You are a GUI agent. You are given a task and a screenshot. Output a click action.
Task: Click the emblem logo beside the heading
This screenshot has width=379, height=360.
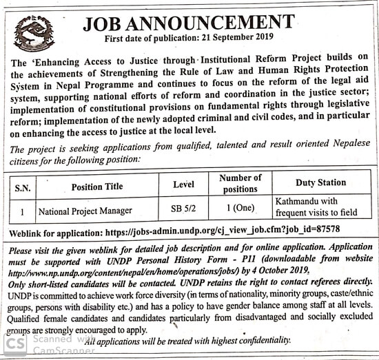pyautogui.click(x=34, y=34)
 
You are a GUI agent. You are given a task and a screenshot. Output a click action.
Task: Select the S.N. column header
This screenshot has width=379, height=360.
pyautogui.click(x=22, y=186)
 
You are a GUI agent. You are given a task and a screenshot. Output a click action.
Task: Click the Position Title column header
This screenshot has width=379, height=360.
pyautogui.click(x=96, y=186)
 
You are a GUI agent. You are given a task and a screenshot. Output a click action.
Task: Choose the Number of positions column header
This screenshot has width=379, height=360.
pyautogui.click(x=240, y=183)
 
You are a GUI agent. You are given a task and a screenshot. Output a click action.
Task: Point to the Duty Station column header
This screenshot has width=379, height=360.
pyautogui.click(x=320, y=182)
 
